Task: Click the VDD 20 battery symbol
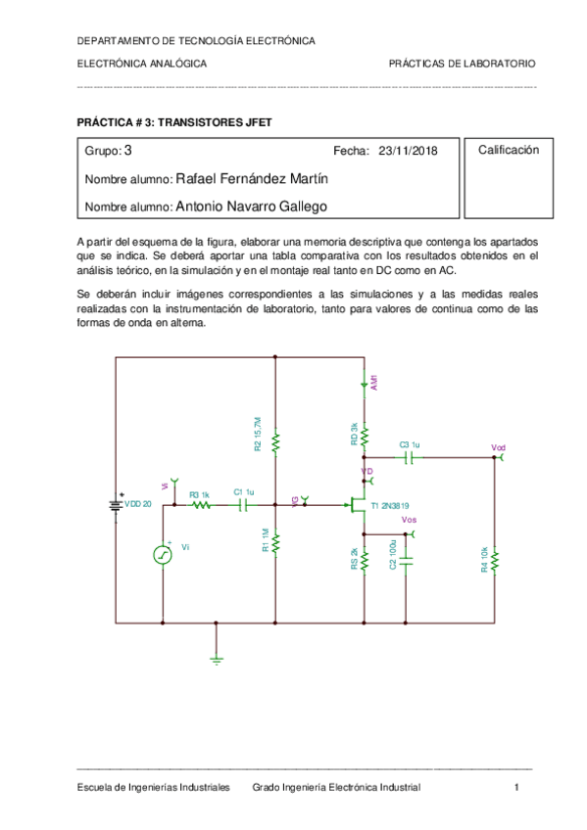(117, 504)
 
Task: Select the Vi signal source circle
(163, 554)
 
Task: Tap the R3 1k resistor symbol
(200, 505)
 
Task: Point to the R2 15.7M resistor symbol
(276, 443)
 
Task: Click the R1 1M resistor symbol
(276, 540)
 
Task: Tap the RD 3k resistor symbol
(365, 433)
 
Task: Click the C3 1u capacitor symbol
(409, 457)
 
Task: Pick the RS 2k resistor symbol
(365, 560)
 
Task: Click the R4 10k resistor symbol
(494, 561)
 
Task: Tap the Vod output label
(499, 447)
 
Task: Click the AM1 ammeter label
(373, 383)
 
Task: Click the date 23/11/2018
(407, 152)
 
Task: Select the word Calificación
(509, 150)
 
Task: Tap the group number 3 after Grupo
(128, 151)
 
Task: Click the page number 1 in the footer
(516, 787)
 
